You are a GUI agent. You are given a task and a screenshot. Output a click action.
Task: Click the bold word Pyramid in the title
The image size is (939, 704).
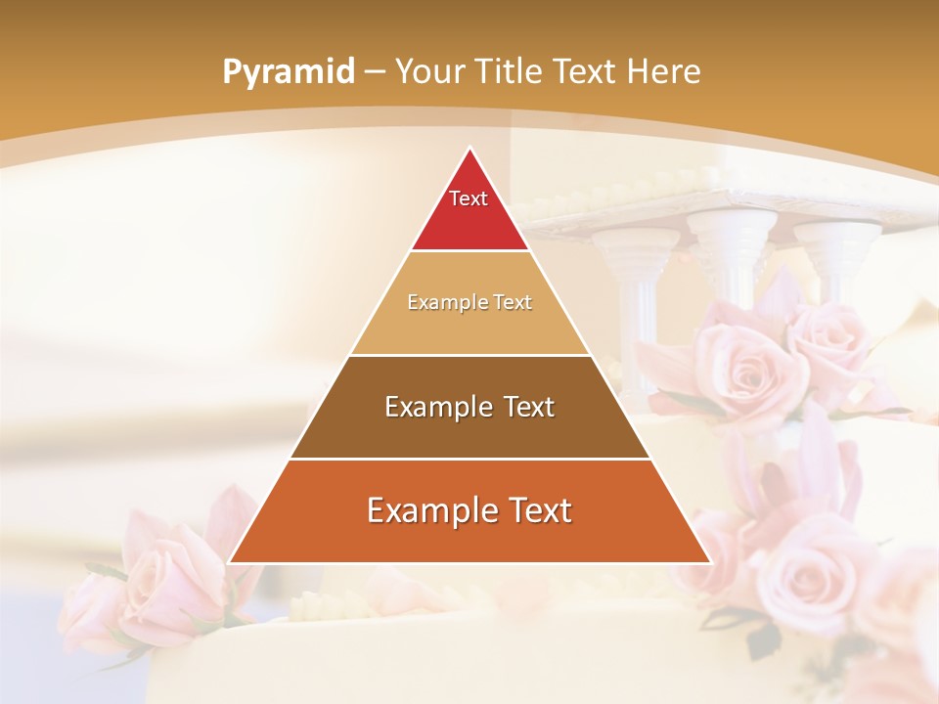[288, 72]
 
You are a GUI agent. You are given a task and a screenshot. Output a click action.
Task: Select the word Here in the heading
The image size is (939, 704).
[664, 71]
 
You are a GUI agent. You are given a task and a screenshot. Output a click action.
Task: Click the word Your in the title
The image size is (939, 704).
[430, 71]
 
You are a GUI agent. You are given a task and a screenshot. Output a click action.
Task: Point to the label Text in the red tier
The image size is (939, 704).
[469, 198]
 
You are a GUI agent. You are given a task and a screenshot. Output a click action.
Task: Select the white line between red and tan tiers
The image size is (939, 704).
[469, 251]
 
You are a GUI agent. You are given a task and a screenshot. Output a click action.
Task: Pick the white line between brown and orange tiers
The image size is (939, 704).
[469, 459]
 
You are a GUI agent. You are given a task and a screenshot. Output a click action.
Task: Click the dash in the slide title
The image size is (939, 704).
[375, 72]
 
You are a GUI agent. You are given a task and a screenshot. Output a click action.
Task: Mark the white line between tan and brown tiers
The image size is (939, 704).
[469, 355]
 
